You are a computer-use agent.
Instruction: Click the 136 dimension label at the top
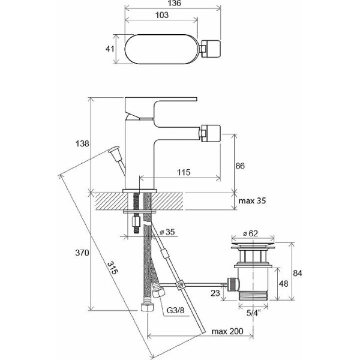(174, 3)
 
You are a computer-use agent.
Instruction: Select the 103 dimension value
(162, 15)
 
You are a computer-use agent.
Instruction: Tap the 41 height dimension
(110, 49)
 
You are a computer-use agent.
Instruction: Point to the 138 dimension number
(82, 144)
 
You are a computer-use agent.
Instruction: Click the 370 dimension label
(82, 253)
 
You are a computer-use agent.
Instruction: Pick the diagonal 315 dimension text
(113, 268)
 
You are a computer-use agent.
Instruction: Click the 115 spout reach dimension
(184, 172)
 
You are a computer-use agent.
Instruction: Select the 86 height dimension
(240, 166)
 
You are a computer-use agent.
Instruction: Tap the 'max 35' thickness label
(252, 200)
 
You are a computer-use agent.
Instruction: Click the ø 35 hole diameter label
(167, 232)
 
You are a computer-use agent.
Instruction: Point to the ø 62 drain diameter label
(250, 233)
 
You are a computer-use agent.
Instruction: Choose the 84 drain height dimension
(298, 273)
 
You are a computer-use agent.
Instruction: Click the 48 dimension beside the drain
(283, 284)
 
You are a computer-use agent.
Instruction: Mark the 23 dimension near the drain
(215, 293)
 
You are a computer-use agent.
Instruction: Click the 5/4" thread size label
(253, 313)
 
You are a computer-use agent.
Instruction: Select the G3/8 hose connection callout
(175, 310)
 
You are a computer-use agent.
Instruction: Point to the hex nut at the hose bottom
(147, 307)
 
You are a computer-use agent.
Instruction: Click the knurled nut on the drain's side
(233, 284)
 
